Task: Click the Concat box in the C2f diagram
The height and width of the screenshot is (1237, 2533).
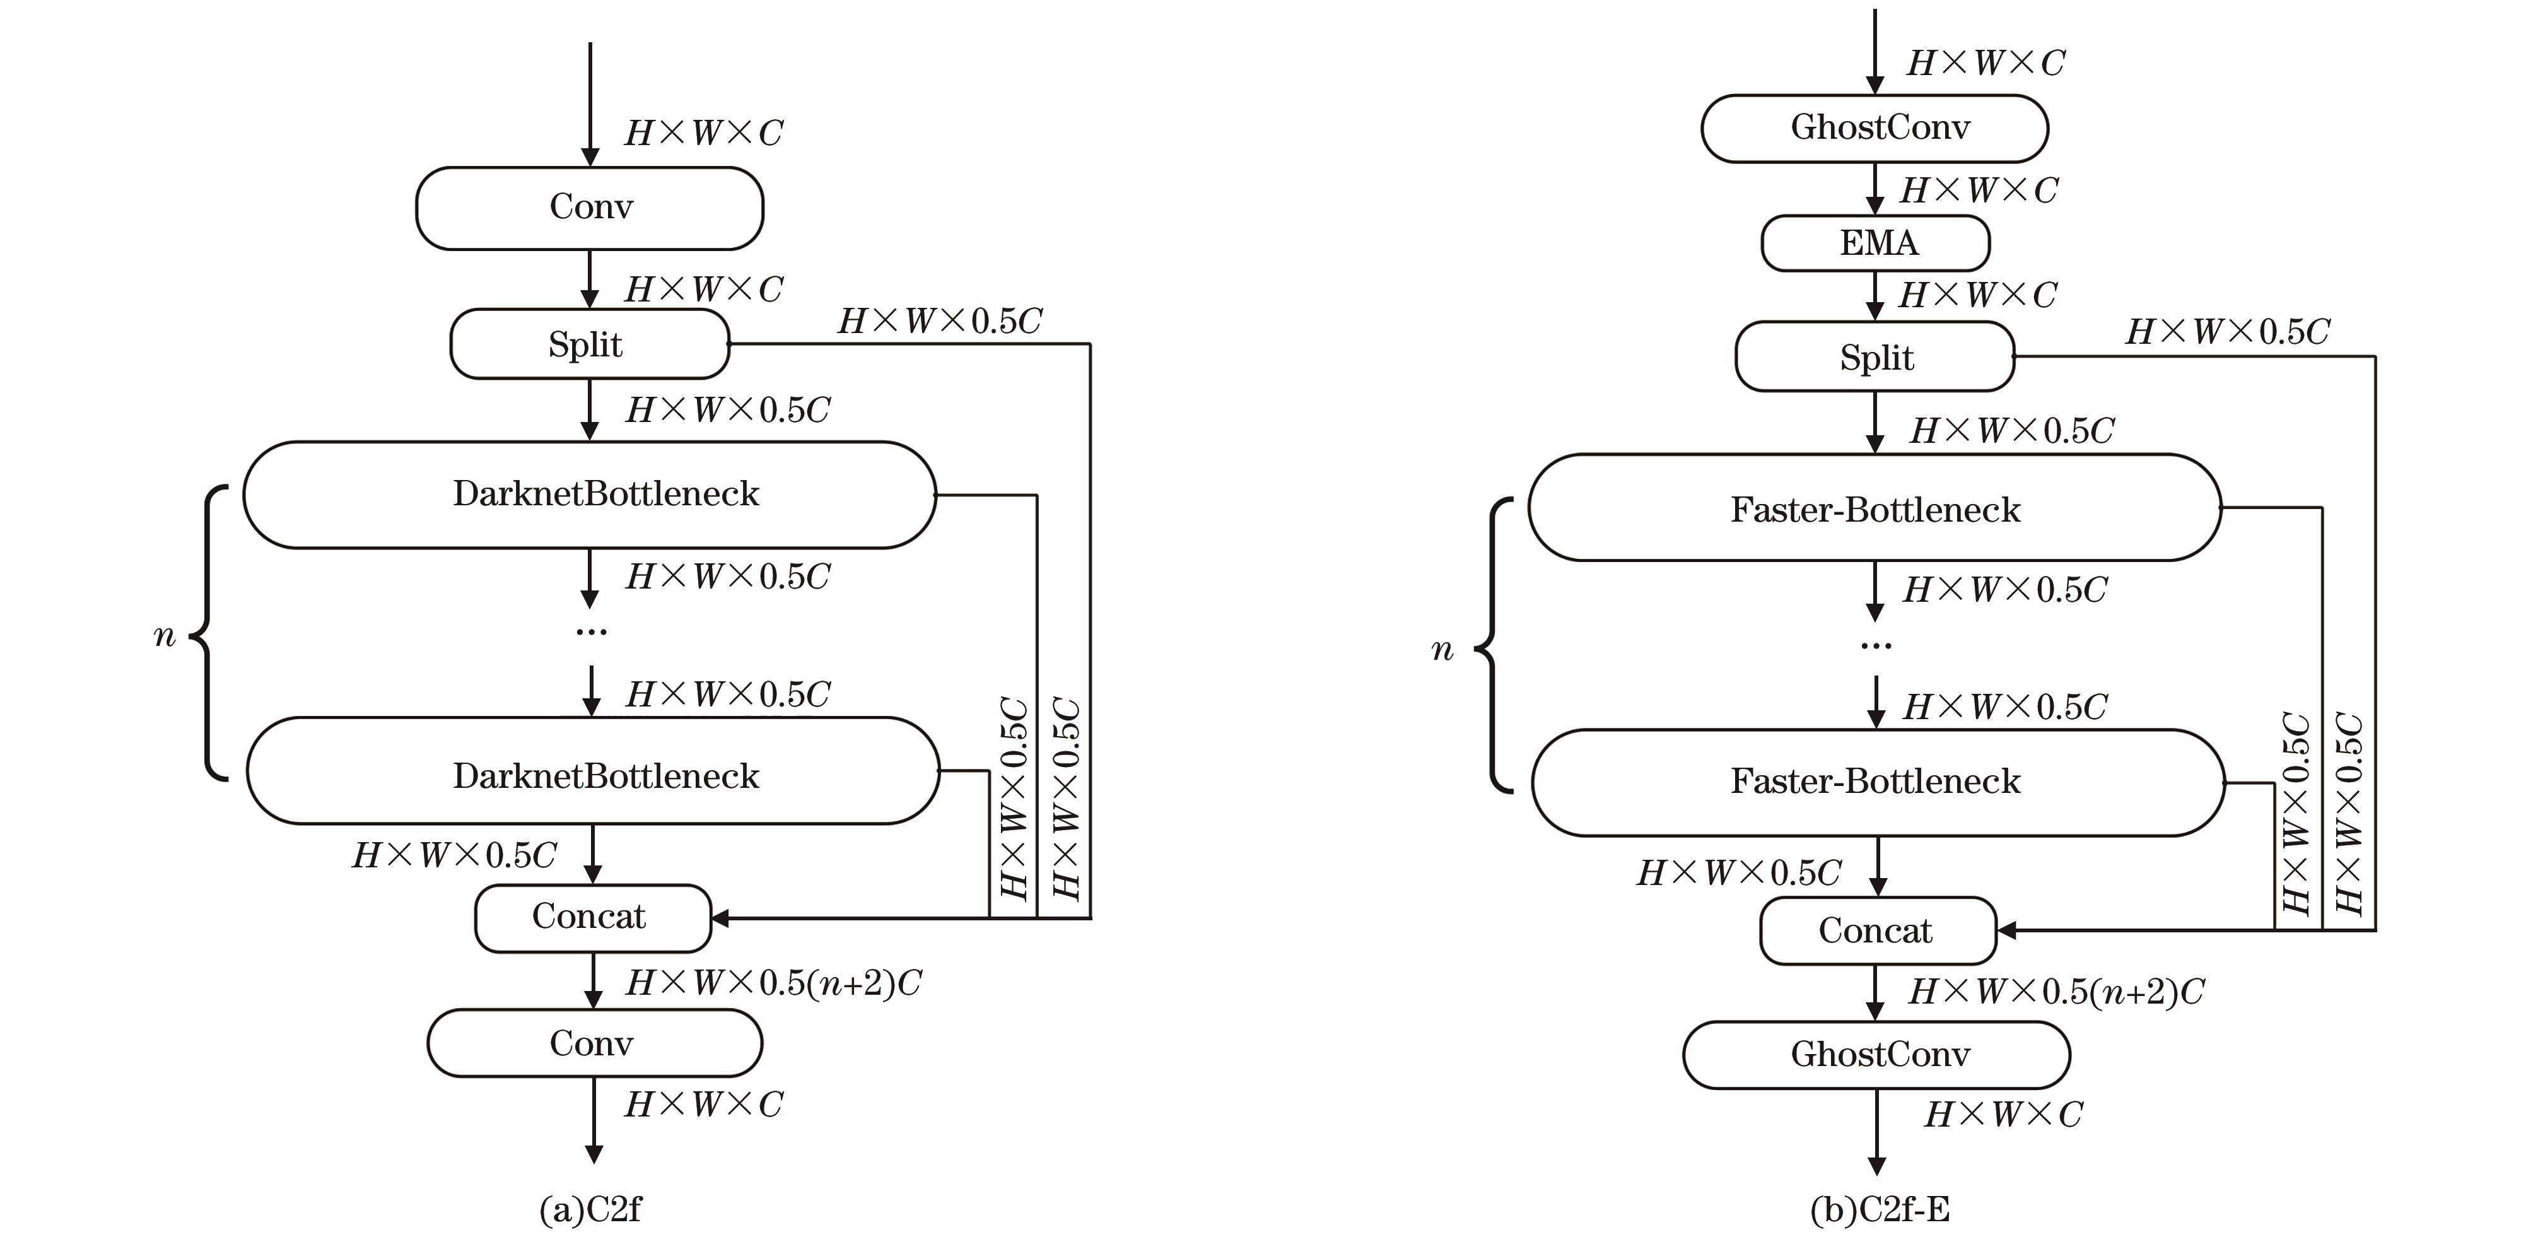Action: pos(592,917)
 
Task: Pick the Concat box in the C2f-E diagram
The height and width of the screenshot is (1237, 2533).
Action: pos(1877,930)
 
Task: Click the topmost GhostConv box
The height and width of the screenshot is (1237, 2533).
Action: pos(1874,128)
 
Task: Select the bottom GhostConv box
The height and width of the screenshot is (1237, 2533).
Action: pos(1876,1054)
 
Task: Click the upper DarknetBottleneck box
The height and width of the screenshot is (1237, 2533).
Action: pos(590,495)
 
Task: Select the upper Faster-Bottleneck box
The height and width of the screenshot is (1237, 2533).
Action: pos(1874,508)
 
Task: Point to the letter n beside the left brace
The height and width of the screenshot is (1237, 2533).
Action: pos(164,636)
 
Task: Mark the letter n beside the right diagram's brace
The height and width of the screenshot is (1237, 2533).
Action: pos(1442,650)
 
